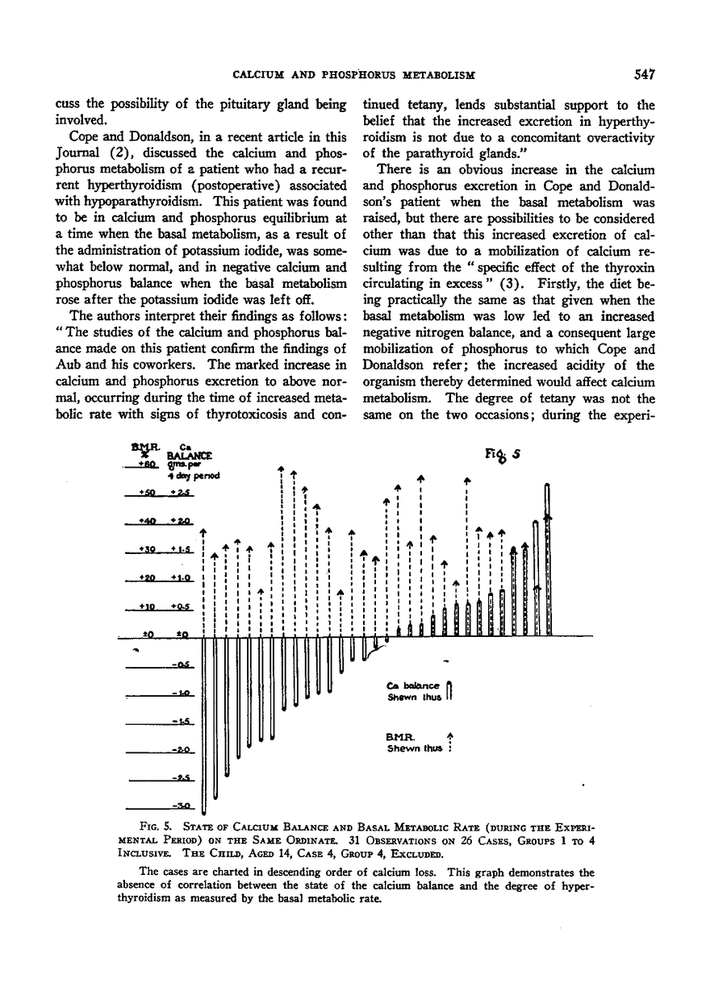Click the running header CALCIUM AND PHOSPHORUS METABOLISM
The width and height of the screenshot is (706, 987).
pos(353,75)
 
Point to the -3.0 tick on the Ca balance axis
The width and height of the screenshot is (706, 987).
pos(179,806)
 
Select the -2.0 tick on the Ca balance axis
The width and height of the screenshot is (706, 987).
pos(179,749)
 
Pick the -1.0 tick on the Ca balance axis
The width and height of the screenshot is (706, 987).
pos(179,693)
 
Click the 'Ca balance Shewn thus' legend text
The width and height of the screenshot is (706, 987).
pos(415,692)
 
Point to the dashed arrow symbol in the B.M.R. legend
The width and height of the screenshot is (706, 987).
pos(449,741)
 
